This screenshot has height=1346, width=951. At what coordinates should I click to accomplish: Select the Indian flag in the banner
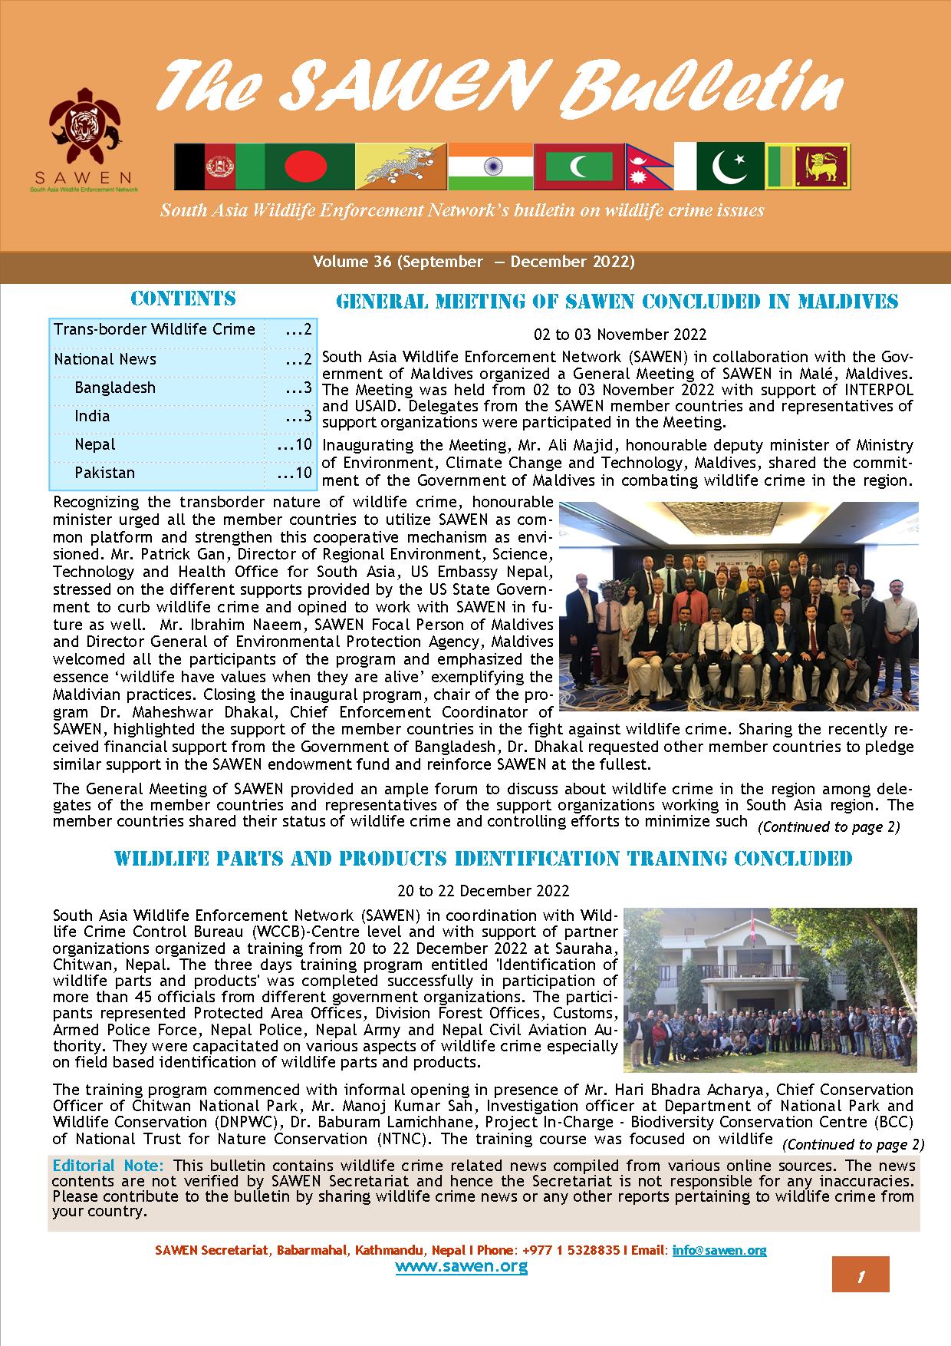click(x=490, y=167)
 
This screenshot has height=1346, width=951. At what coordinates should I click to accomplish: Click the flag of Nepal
click(x=648, y=167)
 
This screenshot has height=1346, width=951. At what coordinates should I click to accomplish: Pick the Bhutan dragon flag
click(x=400, y=167)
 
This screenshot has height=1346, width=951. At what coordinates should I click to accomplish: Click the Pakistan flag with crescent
click(x=729, y=167)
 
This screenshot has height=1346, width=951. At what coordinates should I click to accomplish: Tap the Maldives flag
click(x=579, y=167)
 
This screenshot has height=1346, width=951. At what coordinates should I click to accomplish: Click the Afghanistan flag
click(x=219, y=167)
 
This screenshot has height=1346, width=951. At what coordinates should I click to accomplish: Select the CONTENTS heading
click(x=183, y=299)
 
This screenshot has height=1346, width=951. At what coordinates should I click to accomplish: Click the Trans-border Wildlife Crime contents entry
click(x=154, y=330)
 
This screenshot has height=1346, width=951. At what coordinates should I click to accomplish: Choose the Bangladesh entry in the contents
click(x=115, y=388)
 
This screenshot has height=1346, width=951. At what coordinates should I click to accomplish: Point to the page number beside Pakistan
click(x=295, y=473)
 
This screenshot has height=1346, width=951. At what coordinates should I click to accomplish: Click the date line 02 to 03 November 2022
click(x=620, y=335)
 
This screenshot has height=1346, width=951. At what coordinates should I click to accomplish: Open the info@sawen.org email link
click(x=719, y=1250)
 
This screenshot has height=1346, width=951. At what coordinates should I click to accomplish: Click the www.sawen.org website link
click(x=462, y=1266)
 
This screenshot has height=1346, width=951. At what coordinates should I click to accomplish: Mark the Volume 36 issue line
click(x=474, y=262)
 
